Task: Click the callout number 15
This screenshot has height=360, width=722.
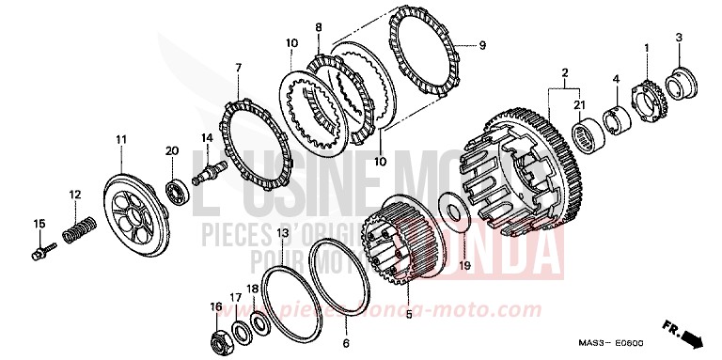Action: (x=39, y=223)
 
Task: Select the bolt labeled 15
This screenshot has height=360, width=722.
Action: (x=42, y=251)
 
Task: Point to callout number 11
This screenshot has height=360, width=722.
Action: (x=121, y=140)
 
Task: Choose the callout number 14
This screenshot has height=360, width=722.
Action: (x=207, y=137)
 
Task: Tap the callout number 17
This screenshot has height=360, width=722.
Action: (x=236, y=298)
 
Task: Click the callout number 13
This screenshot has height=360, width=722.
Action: (x=283, y=232)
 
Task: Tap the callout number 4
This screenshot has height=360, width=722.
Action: (x=616, y=79)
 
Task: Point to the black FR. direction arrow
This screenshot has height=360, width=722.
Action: (x=694, y=335)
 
